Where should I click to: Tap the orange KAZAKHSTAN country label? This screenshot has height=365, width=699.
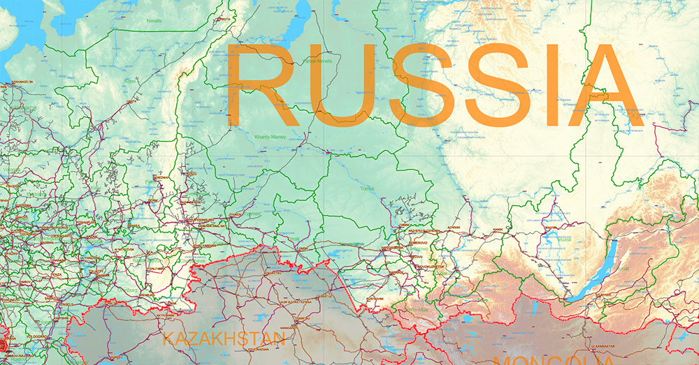pyautogui.click(x=224, y=340)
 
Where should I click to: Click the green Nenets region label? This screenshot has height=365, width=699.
pyautogui.click(x=154, y=21)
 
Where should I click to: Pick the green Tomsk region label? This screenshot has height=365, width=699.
pyautogui.click(x=366, y=188)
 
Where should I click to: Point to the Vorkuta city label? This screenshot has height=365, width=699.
pyautogui.click(x=224, y=20)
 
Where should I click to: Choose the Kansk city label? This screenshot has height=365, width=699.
pyautogui.click(x=498, y=228)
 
